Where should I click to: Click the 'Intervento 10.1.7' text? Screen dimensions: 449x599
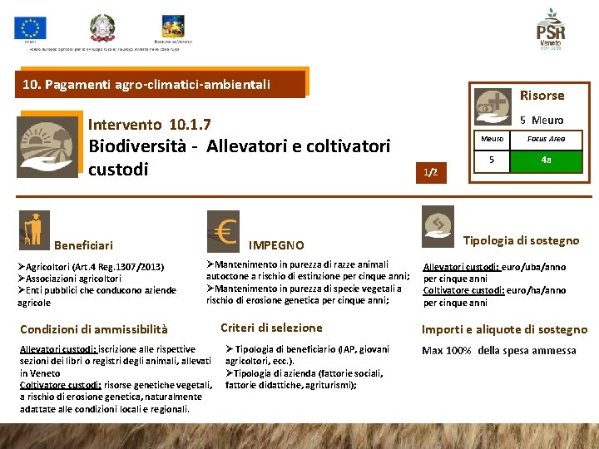[149, 125]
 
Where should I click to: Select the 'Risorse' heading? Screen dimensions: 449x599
[542, 96]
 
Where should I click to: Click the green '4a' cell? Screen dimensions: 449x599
[546, 160]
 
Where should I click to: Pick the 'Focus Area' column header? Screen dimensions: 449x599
[546, 138]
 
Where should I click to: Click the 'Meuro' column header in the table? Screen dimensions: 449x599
[493, 138]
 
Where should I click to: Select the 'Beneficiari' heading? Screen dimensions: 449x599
[83, 245]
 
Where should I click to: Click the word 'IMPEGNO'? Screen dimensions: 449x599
[277, 245]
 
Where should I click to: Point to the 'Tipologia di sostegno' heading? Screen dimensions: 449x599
[521, 240]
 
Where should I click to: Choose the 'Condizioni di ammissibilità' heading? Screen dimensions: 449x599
[93, 329]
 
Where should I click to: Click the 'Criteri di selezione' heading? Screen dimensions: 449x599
[271, 328]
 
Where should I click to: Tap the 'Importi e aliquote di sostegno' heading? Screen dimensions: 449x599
[504, 329]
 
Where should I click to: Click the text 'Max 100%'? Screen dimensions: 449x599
[448, 350]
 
